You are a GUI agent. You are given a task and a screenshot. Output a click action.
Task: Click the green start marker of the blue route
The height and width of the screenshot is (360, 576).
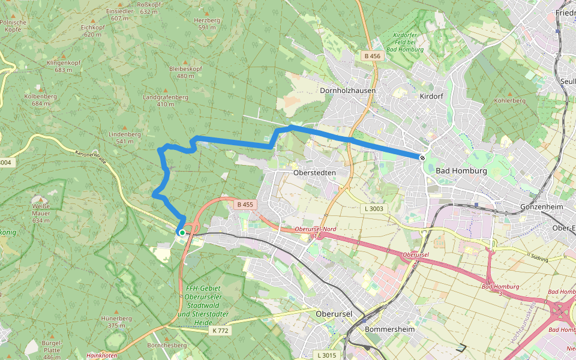click(182, 232)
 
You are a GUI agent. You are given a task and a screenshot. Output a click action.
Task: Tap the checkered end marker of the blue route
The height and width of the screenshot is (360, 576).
click(422, 158)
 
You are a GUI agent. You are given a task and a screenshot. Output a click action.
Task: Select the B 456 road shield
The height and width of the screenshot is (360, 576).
click(372, 56)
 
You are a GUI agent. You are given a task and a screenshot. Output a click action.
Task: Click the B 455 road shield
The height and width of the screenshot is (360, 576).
click(245, 205)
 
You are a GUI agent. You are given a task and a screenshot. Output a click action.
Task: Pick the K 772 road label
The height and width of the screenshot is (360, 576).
click(219, 331)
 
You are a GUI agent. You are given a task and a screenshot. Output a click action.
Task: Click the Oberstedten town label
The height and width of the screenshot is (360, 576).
click(314, 172)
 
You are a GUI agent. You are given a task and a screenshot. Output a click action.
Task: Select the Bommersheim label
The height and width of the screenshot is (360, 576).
click(389, 329)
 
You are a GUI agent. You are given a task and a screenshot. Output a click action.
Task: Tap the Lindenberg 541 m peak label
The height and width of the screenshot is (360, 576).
click(125, 137)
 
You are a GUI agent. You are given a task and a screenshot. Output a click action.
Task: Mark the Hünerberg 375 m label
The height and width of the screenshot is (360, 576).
click(116, 322)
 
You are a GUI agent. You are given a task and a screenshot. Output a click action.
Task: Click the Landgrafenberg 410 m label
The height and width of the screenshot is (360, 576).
click(166, 100)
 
